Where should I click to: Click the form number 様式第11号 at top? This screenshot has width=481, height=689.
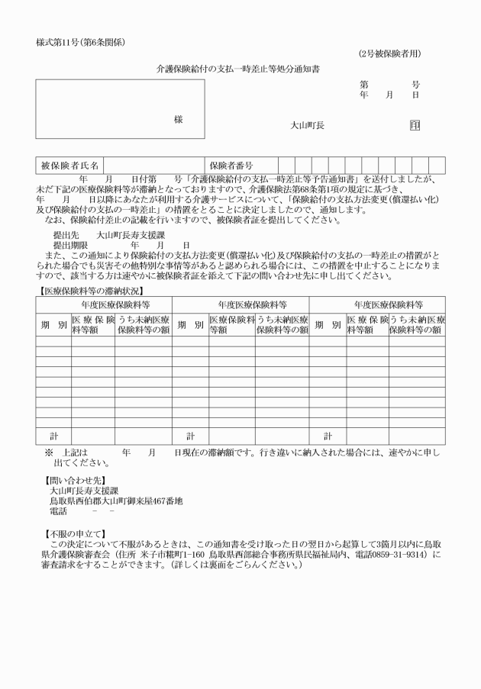point(80,41)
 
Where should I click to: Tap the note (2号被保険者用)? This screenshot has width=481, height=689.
point(389,54)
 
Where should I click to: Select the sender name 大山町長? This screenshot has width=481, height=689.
point(308,125)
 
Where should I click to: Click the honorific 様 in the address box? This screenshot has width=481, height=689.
point(179,120)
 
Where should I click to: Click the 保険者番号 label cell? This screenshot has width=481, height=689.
point(231,165)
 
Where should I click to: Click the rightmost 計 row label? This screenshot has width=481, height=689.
point(328,436)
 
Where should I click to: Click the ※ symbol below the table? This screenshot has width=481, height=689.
point(48,452)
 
